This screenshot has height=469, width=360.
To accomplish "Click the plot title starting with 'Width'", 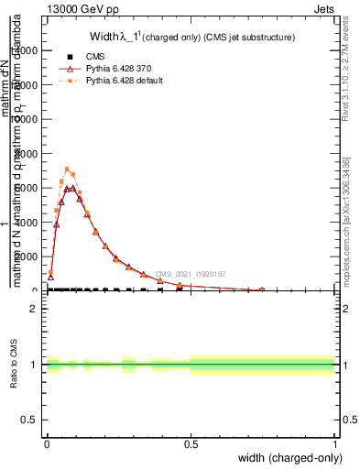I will [191, 38].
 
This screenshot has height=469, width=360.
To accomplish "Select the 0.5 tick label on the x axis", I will [191, 443].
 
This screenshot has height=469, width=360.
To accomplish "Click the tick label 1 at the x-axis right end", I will [335, 443].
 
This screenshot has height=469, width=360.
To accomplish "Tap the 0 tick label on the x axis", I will [47, 443].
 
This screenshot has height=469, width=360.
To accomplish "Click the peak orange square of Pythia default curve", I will [67, 169].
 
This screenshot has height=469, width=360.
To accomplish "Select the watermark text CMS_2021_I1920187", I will [190, 274].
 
